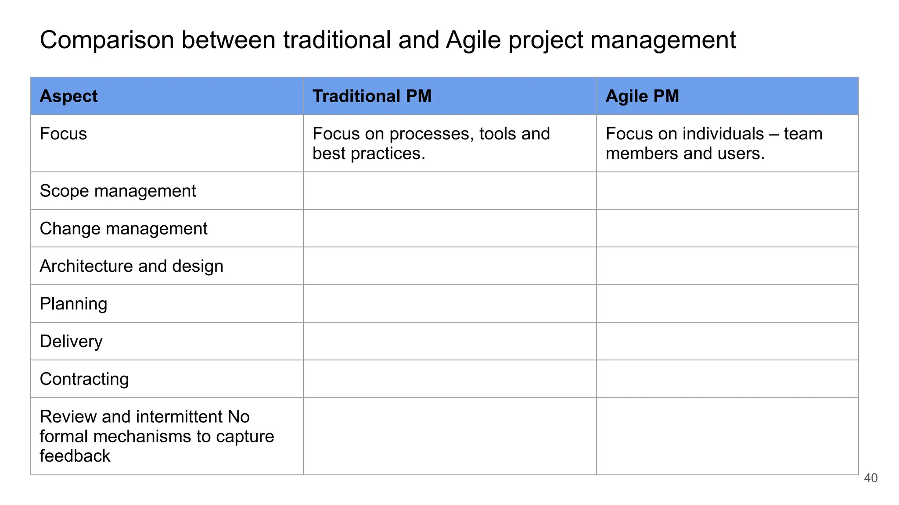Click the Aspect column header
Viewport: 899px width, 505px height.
[x=68, y=96]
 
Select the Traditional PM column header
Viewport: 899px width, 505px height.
[x=372, y=96]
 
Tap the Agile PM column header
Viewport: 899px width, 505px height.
[x=642, y=96]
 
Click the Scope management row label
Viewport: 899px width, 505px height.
[x=118, y=191]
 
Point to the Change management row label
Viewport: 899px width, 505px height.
[x=123, y=229]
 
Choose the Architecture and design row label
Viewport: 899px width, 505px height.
[x=131, y=267]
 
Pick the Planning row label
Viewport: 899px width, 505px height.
[x=73, y=304]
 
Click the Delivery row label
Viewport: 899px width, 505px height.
[x=71, y=341]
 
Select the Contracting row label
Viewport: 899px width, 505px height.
[x=84, y=379]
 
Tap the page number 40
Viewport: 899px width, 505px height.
[x=870, y=478]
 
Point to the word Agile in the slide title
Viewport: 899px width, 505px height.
[x=473, y=40]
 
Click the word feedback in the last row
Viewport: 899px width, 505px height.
[x=75, y=456]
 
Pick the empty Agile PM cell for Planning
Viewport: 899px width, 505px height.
[x=727, y=304]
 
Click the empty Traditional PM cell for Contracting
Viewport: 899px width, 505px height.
[x=449, y=379]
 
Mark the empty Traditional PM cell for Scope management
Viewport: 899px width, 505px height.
[x=449, y=191]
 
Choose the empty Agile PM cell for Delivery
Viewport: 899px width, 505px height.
[x=727, y=341]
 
